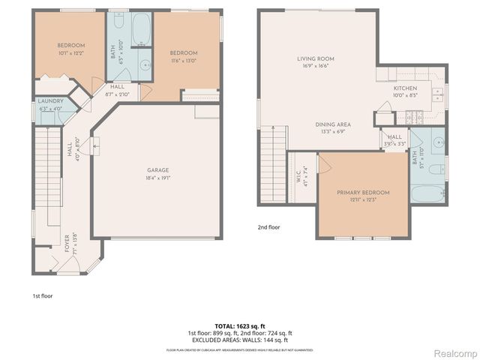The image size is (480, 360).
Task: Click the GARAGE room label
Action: coord(157,170)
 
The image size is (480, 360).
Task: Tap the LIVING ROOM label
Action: coord(315,58)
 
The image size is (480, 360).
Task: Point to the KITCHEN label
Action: coord(406,88)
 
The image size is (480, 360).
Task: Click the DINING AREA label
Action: coord(333,124)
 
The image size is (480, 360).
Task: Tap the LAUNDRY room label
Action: coord(51,100)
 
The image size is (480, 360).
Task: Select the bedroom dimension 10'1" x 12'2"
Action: coord(72,53)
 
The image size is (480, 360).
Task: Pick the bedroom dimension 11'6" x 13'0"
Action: coord(183,61)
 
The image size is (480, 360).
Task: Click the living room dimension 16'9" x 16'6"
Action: coord(315,66)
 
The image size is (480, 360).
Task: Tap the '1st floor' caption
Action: coord(42,295)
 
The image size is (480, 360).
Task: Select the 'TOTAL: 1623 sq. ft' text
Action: coord(240,326)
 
